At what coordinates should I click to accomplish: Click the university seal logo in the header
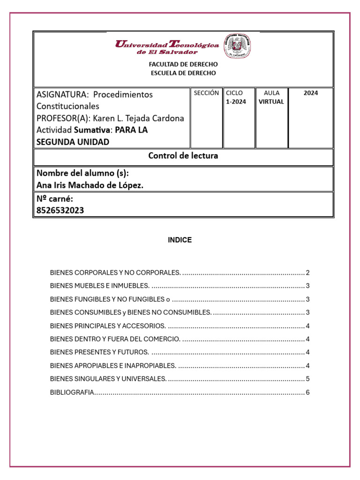coord(238,46)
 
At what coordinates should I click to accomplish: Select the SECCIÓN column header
coord(206,93)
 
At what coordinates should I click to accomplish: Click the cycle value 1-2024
coord(236,102)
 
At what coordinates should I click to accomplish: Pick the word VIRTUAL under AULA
coord(271,102)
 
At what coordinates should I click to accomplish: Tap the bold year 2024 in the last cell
coord(310,93)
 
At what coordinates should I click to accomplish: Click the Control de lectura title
coord(183,156)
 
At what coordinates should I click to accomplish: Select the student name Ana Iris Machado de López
coord(90,186)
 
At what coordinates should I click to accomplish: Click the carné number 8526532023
coord(60,210)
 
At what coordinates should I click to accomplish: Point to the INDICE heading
coord(180,240)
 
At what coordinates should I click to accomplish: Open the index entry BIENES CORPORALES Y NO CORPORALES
coord(115,272)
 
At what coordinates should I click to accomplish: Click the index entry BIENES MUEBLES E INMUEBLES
coord(100,286)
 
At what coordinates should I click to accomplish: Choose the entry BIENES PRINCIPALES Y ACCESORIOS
coord(108,326)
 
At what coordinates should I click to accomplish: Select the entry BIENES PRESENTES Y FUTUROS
coord(99,352)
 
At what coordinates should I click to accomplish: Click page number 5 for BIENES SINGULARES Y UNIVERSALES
coord(307,379)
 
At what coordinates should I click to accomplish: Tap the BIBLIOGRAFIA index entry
coord(72,392)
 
